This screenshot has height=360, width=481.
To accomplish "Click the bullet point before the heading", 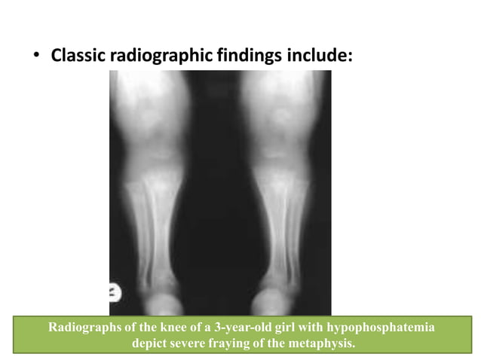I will pyautogui.click(x=35, y=56).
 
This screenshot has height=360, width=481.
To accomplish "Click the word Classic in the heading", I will pyautogui.click(x=79, y=56).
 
